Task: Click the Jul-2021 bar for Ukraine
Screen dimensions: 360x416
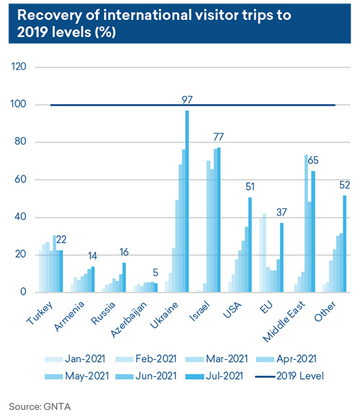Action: pos(187,201)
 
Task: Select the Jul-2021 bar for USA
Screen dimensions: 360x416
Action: pos(250,245)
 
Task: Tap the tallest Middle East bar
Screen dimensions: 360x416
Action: pos(307,223)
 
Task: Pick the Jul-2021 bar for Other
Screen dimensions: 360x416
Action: pos(345,244)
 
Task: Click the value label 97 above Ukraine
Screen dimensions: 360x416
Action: pos(187,100)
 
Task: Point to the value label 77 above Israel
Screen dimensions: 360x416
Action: pos(219,137)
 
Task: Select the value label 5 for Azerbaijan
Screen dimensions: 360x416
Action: pos(156,273)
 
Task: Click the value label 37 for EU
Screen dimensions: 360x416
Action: pos(281,212)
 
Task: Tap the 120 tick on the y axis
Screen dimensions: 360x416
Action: pos(19,66)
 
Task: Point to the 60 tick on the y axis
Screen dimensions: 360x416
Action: pos(21,179)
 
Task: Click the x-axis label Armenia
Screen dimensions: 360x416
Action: pos(69,316)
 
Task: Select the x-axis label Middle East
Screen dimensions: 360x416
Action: pos(284,321)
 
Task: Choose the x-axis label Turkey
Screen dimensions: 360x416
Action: pos(40,313)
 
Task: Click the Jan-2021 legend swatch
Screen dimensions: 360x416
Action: pos(53,359)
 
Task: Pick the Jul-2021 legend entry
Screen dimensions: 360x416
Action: pos(214,376)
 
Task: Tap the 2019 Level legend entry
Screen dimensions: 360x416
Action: pos(289,376)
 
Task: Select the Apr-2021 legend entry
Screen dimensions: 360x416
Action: pos(287,359)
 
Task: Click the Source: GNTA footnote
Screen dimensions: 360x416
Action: pos(40,406)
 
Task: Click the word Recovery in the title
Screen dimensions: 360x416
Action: pos(49,15)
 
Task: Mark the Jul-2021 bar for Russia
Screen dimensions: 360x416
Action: pos(124,278)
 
